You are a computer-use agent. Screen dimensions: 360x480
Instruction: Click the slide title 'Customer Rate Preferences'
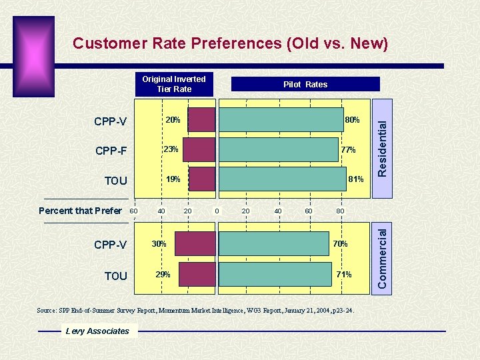(230, 44)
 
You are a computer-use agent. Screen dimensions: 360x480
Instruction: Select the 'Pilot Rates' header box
(305, 84)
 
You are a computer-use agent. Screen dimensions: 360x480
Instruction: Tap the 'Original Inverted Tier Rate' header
(174, 84)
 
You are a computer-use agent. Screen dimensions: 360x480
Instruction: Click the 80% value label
(352, 120)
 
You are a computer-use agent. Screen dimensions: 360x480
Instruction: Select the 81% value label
(355, 179)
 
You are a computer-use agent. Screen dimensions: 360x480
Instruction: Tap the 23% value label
(171, 149)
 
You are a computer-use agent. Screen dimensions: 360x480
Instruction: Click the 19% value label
(173, 179)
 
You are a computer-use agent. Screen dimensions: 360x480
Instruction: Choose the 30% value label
(159, 244)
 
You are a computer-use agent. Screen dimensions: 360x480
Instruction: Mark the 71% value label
(343, 275)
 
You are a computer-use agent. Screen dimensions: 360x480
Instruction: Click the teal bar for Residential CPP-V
(281, 120)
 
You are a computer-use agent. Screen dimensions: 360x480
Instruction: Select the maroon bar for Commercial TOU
(197, 274)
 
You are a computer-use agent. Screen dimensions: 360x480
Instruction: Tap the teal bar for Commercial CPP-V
(274, 244)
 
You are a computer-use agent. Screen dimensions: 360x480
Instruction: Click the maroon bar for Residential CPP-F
(199, 150)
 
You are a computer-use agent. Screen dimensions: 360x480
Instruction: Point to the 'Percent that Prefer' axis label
(80, 211)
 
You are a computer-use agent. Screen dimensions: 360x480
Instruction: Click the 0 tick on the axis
(217, 211)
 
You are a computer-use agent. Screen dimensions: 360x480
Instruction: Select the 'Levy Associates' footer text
(97, 331)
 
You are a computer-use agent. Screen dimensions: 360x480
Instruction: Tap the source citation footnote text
(195, 311)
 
